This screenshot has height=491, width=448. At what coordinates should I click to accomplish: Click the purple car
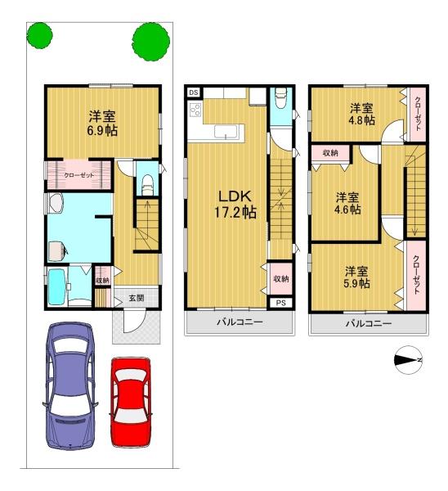pos(70,385)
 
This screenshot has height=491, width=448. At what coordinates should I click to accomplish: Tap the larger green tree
pos(150,42)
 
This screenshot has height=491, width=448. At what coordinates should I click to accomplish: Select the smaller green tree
pos(39,34)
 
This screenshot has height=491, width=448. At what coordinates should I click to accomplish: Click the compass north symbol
pos(408,360)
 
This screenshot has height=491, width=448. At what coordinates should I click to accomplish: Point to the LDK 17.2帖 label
pos(235,204)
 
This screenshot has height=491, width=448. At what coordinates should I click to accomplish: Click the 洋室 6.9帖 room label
pos(102,124)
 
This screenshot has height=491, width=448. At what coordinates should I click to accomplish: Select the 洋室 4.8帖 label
pos(362,114)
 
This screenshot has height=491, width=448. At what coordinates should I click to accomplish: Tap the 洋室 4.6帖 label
pos(347,204)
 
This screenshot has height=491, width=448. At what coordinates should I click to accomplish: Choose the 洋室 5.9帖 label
pos(356,277)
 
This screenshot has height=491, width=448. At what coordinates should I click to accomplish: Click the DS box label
pos(194,92)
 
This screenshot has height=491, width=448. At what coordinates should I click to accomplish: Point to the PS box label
pos(281,303)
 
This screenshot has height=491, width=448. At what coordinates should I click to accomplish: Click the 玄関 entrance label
pos(137,298)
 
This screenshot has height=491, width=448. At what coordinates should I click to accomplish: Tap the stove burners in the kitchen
pos(195,110)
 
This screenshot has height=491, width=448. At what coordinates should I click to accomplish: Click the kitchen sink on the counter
pos(226,131)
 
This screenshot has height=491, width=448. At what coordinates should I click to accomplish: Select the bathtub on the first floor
pos(57,287)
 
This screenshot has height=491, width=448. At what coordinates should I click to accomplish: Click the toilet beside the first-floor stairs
pos(147,185)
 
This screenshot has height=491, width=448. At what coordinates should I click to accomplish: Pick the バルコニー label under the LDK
pos(240,322)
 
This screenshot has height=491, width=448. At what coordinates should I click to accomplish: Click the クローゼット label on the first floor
pos(78,175)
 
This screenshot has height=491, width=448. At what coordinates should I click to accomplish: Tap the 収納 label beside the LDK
pos(281,278)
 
